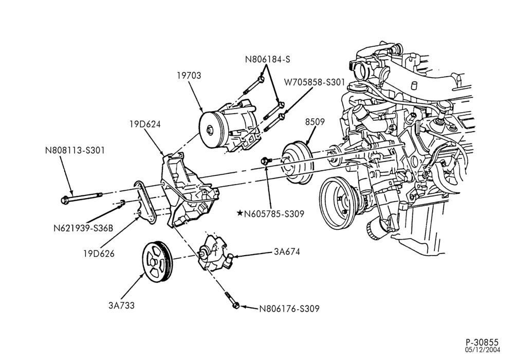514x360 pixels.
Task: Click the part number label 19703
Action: tap(189, 76)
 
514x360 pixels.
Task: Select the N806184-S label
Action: tap(267, 59)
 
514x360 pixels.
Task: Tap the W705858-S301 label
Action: tap(315, 82)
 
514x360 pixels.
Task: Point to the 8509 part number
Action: tap(315, 122)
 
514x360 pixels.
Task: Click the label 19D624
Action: tap(145, 124)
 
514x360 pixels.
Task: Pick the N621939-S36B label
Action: tap(83, 228)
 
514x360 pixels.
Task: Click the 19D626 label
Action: tap(99, 254)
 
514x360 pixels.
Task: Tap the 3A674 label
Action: tap(287, 252)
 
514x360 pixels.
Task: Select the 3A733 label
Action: tap(121, 305)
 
